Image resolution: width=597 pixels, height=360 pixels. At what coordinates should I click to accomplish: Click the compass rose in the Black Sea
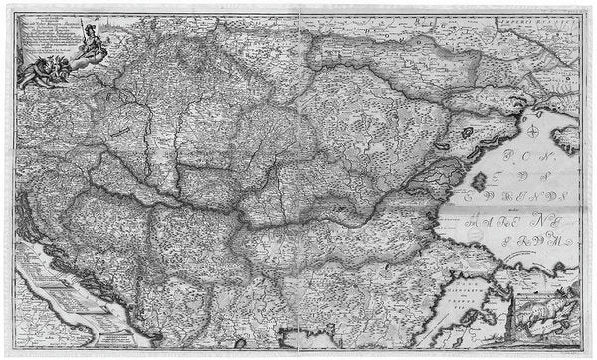click(534, 130)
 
